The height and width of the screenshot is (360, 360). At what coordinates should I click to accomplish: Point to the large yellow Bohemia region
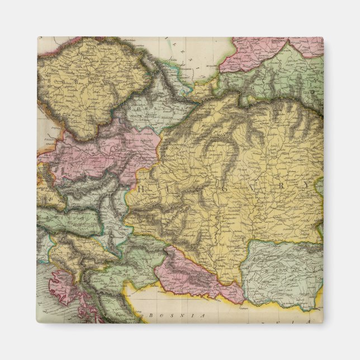(89, 84)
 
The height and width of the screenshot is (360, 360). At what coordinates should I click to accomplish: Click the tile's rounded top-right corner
(321, 39)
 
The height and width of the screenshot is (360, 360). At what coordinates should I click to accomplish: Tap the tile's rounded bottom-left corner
(39, 321)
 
